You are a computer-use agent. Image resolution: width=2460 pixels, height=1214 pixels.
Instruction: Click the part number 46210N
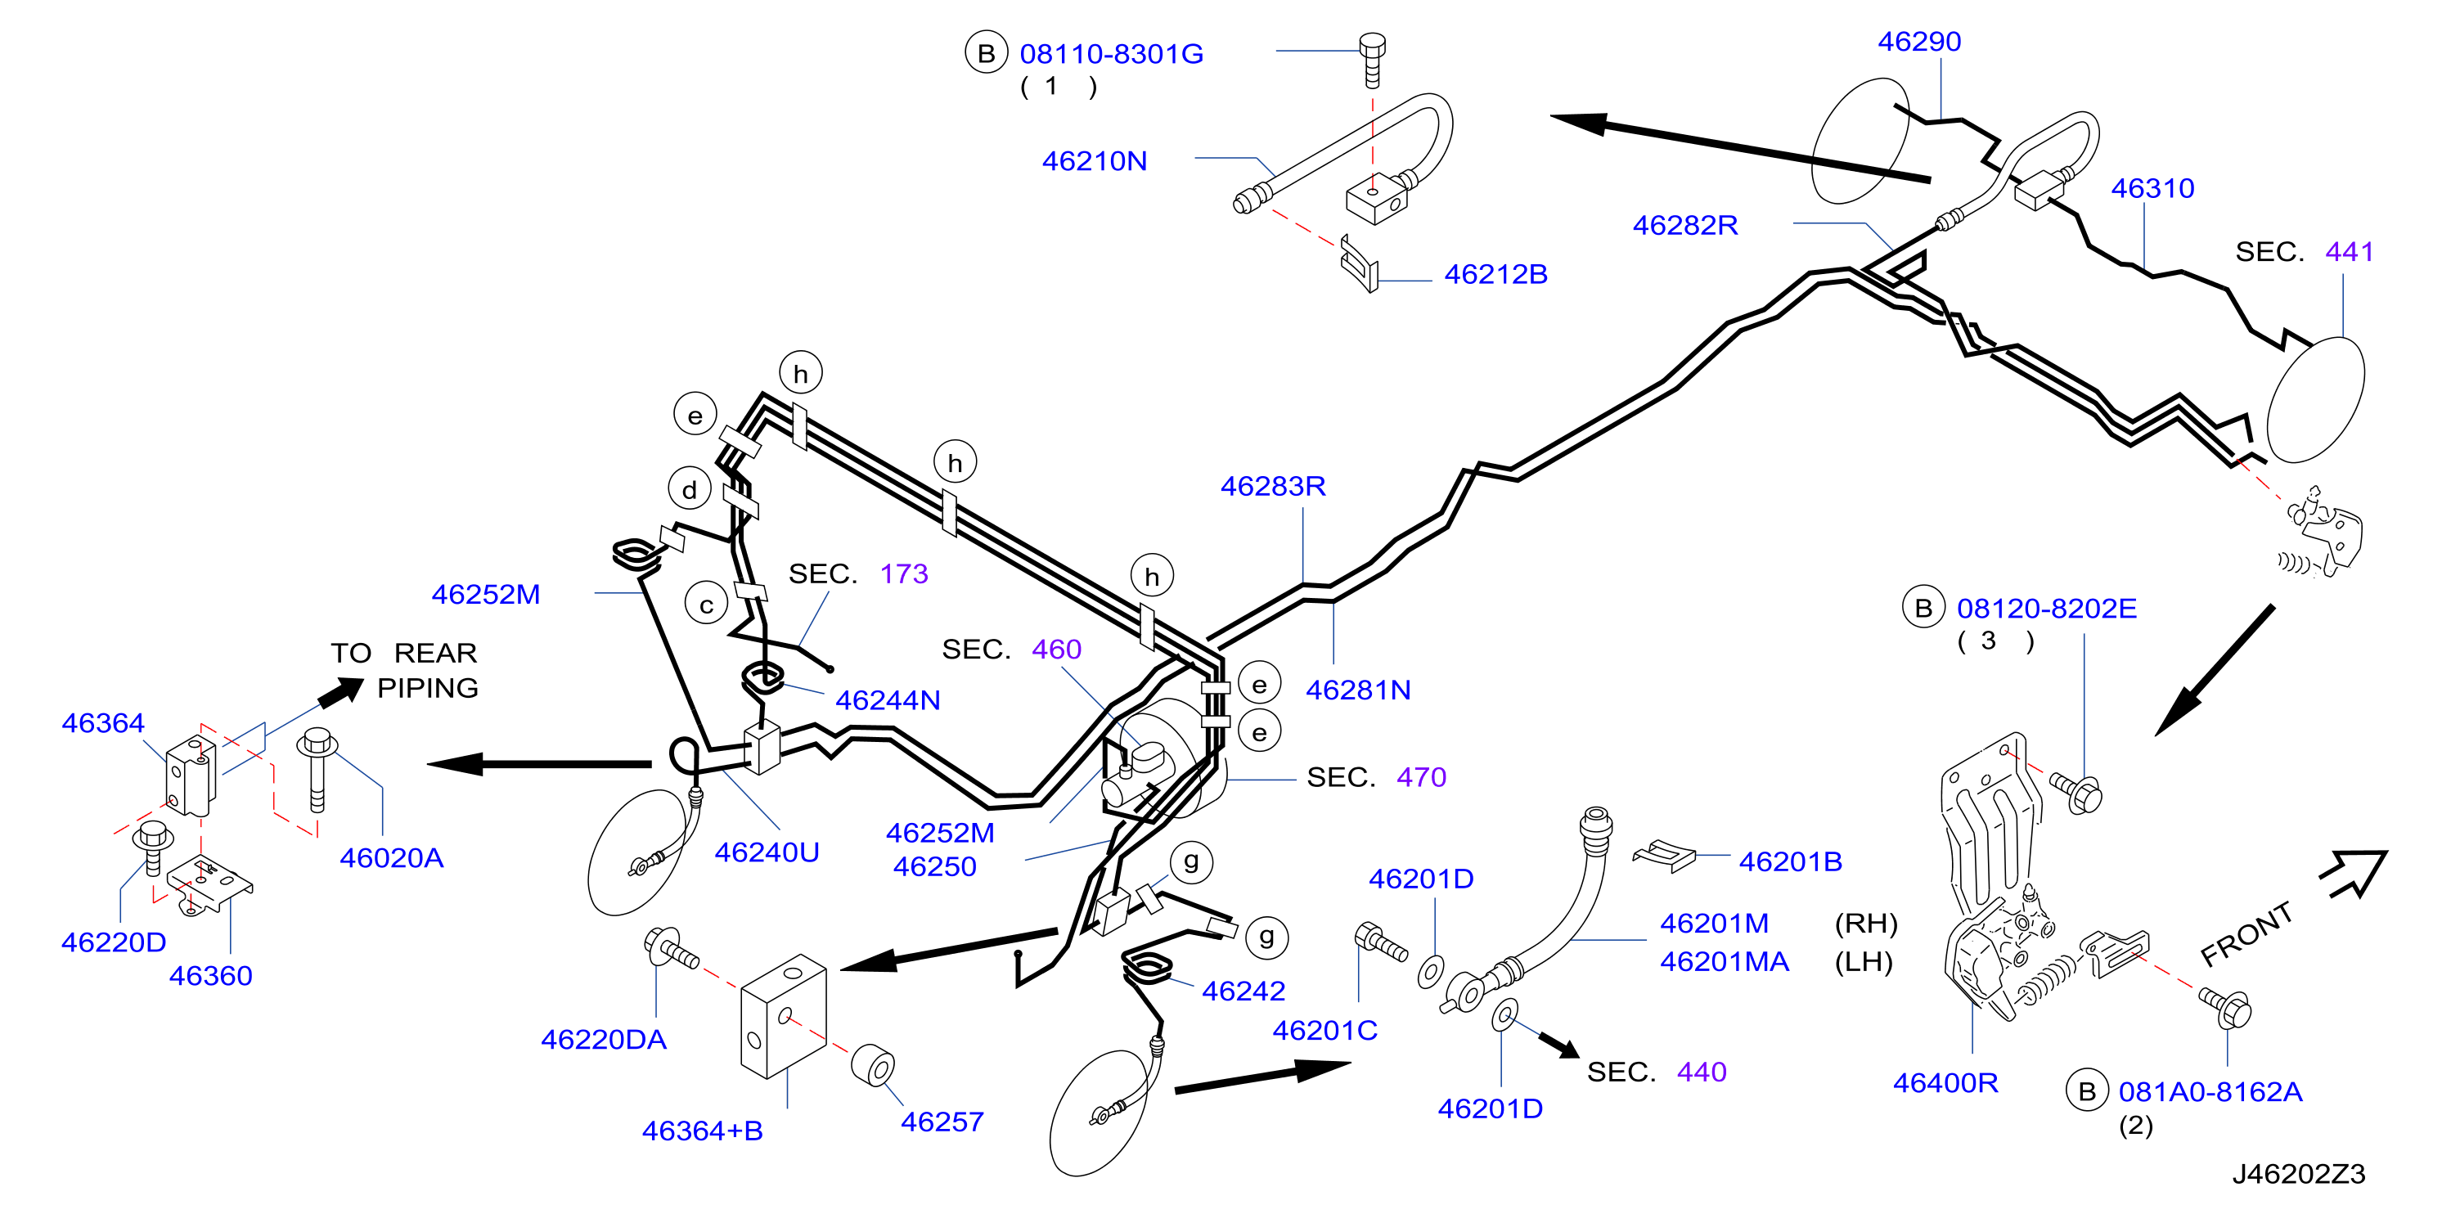(1094, 160)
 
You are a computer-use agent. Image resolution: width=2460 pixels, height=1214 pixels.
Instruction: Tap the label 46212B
(1495, 274)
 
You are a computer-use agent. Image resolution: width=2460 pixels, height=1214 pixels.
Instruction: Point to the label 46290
(1918, 41)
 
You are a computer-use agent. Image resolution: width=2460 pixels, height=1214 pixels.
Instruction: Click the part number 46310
(2152, 188)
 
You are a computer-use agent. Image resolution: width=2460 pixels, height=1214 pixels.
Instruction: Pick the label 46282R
(1684, 226)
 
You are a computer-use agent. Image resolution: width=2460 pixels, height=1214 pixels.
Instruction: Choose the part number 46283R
(1273, 486)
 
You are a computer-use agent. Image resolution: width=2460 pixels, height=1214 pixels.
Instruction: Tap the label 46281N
(1357, 690)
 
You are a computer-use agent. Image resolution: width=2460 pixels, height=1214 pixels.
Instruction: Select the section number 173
(903, 573)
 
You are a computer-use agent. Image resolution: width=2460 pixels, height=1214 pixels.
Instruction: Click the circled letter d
(690, 489)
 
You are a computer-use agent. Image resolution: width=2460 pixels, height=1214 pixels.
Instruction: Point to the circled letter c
(707, 604)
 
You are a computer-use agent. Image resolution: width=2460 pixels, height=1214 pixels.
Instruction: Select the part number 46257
(942, 1122)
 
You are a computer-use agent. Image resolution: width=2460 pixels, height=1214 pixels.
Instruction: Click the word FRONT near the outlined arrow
(2246, 933)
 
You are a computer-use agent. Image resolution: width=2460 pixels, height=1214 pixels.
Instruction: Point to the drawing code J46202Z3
(2298, 1174)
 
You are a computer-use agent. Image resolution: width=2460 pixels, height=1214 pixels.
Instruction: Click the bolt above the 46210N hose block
(1372, 59)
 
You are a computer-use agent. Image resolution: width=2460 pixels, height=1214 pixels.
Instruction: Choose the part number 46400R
(1945, 1082)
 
